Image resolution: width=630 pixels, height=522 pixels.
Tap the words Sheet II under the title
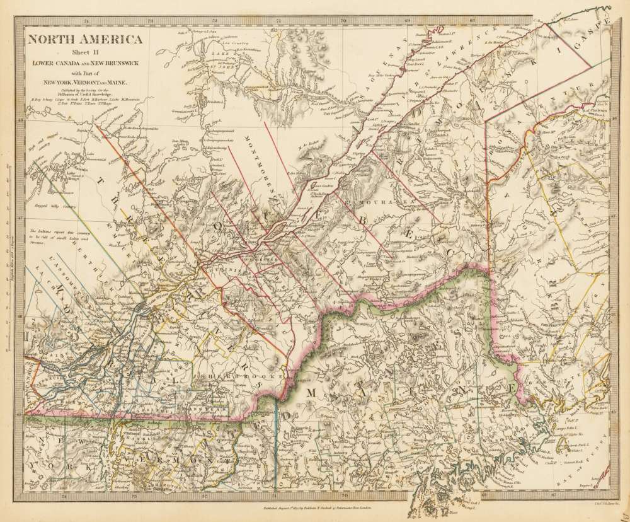[x=83, y=54]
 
